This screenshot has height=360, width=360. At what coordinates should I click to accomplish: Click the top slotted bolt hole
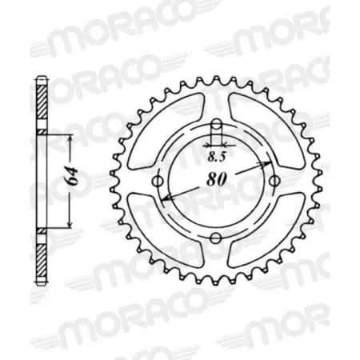tap(215, 130)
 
